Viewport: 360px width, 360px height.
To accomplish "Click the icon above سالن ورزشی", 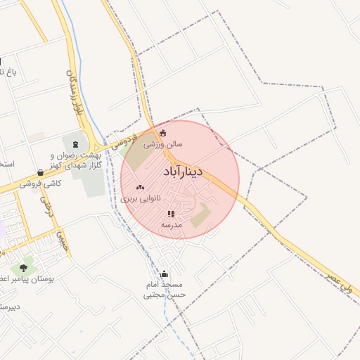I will click(164, 133).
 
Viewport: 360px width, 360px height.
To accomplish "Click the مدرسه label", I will click(172, 224).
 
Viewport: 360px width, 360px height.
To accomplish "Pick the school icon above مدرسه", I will click(171, 214).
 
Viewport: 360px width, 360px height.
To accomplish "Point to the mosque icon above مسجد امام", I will click(165, 274).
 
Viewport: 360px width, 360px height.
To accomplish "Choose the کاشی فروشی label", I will click(40, 184).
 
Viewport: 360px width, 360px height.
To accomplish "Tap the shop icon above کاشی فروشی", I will click(41, 173).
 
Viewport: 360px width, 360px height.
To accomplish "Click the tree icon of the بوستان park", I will click(25, 268).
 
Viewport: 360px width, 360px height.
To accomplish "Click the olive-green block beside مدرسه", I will click(201, 214).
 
